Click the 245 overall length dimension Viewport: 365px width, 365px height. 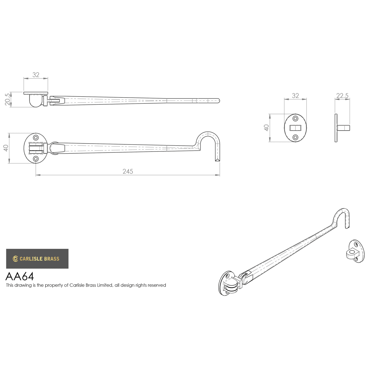click(x=128, y=171)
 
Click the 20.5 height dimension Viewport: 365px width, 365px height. click(x=8, y=99)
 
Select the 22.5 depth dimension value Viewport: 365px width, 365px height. click(x=342, y=96)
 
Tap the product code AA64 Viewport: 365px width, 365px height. click(x=20, y=276)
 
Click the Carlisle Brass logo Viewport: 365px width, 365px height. click(x=37, y=259)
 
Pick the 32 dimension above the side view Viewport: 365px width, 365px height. click(x=36, y=75)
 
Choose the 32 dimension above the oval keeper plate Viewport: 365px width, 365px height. click(x=295, y=96)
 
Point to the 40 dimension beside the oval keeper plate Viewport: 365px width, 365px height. click(x=266, y=128)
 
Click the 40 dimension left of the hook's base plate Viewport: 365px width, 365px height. click(x=6, y=148)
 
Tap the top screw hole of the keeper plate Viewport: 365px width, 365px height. click(x=295, y=119)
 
